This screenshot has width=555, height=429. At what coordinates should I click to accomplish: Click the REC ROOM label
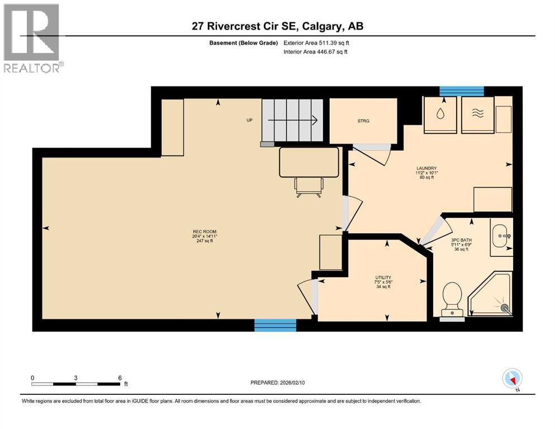pyautogui.click(x=205, y=231)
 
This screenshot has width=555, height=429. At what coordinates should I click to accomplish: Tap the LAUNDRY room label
pyautogui.click(x=426, y=169)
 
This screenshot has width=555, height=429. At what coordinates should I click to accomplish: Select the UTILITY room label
pyautogui.click(x=383, y=278)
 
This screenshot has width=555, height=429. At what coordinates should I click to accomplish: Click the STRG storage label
pyautogui.click(x=363, y=121)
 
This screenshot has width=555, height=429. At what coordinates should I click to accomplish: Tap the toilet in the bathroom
pyautogui.click(x=451, y=298)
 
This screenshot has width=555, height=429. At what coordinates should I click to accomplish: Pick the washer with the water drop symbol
pyautogui.click(x=441, y=115)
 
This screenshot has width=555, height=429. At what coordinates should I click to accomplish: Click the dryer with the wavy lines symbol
pyautogui.click(x=477, y=115)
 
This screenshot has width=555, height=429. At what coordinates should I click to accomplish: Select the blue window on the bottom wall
pyautogui.click(x=275, y=325)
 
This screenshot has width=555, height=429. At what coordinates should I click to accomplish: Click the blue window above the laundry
pyautogui.click(x=461, y=91)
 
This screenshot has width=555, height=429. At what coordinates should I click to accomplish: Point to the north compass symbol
pyautogui.click(x=512, y=378)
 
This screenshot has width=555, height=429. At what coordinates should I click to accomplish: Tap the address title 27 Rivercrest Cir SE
pyautogui.click(x=277, y=26)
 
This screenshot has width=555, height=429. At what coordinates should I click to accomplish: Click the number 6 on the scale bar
pyautogui.click(x=119, y=378)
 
